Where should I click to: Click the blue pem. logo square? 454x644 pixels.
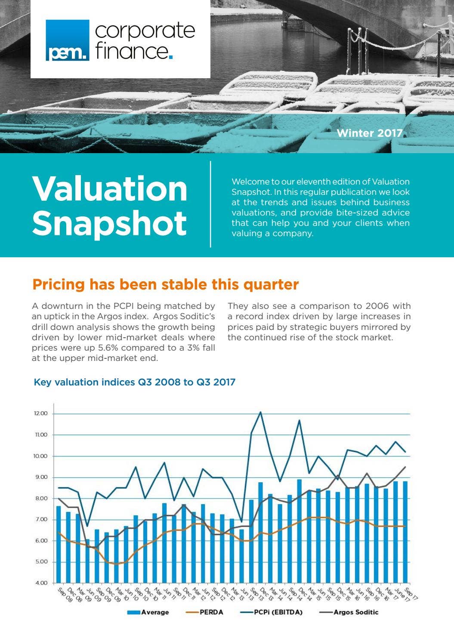pyautogui.click(x=68, y=40)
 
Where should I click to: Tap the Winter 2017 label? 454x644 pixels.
pyautogui.click(x=369, y=133)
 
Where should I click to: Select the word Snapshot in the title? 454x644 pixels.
pyautogui.click(x=109, y=222)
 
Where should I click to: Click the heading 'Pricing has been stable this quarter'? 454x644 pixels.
pyautogui.click(x=165, y=284)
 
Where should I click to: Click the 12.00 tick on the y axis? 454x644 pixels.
pyautogui.click(x=40, y=413)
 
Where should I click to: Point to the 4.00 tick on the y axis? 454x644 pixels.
pyautogui.click(x=40, y=583)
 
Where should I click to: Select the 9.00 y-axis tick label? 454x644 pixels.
pyautogui.click(x=40, y=477)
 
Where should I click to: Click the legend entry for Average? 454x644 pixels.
pyautogui.click(x=148, y=612)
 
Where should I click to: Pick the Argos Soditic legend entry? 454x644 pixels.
pyautogui.click(x=349, y=612)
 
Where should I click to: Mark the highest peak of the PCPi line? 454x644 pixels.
pyautogui.click(x=260, y=412)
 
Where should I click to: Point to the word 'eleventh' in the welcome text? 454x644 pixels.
pyautogui.click(x=315, y=182)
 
